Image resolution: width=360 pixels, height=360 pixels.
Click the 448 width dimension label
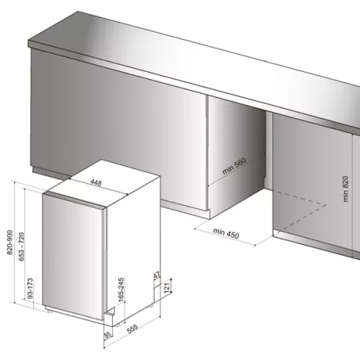[x=95, y=183]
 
